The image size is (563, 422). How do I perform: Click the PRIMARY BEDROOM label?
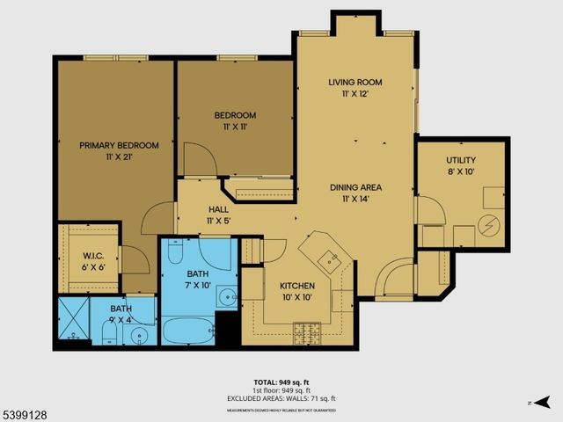pos(119,145)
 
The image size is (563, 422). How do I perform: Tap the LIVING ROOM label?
pos(355,83)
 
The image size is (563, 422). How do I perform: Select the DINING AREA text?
pos(355,187)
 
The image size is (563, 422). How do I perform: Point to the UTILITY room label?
pos(460,160)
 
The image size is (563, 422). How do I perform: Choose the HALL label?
pos(218,209)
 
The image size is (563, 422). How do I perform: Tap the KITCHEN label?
pos(297,287)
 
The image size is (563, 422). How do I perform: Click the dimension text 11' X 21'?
pos(119,156)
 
